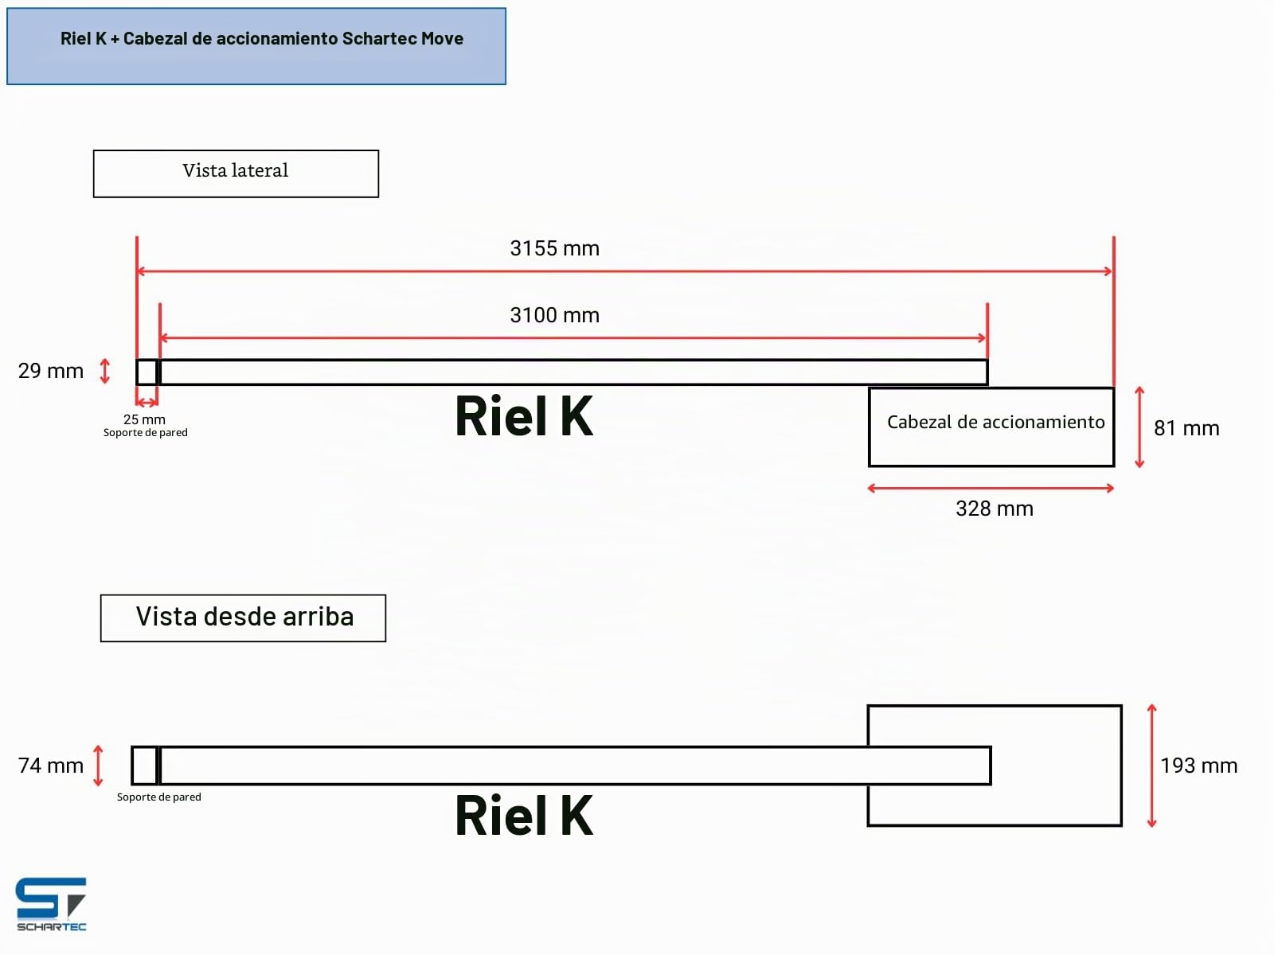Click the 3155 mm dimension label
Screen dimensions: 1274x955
(554, 248)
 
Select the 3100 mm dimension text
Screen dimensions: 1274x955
(554, 315)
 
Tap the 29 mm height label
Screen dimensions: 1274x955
(50, 371)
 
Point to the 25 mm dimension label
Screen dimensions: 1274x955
(144, 419)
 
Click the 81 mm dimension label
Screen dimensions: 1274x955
(1186, 428)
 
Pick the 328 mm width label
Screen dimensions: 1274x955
(995, 509)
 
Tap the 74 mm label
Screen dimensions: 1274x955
(50, 766)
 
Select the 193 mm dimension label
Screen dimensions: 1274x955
(1198, 766)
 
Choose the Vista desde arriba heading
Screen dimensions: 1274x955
(244, 616)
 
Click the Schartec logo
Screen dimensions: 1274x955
(51, 904)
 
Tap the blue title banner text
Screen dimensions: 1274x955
(262, 38)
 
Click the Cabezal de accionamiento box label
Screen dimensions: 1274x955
(995, 422)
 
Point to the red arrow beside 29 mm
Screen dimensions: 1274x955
(104, 371)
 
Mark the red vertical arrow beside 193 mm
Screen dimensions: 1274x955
(1152, 766)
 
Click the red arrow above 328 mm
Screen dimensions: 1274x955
(991, 488)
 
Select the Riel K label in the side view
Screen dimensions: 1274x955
(524, 415)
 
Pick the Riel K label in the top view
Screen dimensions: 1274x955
(524, 815)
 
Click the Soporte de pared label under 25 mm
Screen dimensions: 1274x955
(145, 433)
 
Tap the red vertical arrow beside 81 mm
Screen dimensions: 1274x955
(1139, 427)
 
